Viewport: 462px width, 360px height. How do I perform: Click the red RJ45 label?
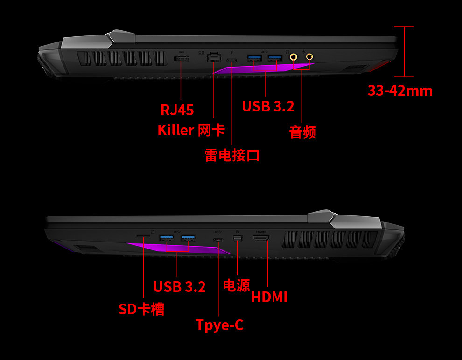pyautogui.click(x=177, y=110)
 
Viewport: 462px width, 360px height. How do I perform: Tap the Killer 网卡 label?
pyautogui.click(x=191, y=130)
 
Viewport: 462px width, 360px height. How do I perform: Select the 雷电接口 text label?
pyautogui.click(x=232, y=155)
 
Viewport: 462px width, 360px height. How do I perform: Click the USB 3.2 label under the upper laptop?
pyautogui.click(x=268, y=106)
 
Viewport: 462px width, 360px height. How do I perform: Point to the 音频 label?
pyautogui.click(x=303, y=133)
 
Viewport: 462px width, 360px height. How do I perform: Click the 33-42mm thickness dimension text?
pyautogui.click(x=400, y=90)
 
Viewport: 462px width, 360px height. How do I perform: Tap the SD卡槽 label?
pyautogui.click(x=141, y=309)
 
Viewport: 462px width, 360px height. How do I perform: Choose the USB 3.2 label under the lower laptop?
pyautogui.click(x=179, y=287)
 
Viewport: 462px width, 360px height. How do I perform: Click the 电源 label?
pyautogui.click(x=237, y=285)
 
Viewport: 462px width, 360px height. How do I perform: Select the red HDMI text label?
pyautogui.click(x=269, y=297)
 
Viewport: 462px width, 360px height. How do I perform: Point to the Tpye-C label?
pyautogui.click(x=219, y=325)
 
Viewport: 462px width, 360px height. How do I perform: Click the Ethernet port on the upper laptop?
pyautogui.click(x=213, y=57)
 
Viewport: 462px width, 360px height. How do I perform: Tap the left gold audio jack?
pyautogui.click(x=294, y=57)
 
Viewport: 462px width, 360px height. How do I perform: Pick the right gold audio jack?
pyautogui.click(x=309, y=57)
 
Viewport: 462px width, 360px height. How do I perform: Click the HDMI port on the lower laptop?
pyautogui.click(x=261, y=239)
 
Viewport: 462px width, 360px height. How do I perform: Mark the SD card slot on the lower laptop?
pyautogui.click(x=143, y=236)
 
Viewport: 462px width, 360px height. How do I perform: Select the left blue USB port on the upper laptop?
pyautogui.click(x=255, y=58)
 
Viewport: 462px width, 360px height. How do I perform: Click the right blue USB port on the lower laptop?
pyautogui.click(x=189, y=239)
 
